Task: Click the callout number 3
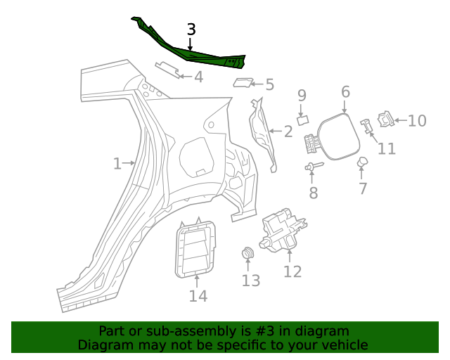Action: (x=191, y=30)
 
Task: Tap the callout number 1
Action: (x=117, y=164)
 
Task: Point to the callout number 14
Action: (x=198, y=296)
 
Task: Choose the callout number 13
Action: (x=251, y=281)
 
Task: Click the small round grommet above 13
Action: (x=248, y=254)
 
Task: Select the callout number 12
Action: (x=292, y=271)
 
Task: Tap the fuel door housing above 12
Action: (x=285, y=229)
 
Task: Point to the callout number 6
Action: (x=345, y=91)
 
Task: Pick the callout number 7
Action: (x=363, y=188)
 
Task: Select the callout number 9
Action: (x=302, y=95)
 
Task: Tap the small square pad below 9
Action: (x=302, y=120)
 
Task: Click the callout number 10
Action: (x=417, y=121)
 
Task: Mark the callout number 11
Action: (x=386, y=148)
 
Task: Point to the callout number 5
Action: (x=269, y=85)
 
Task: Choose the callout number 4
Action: (x=198, y=77)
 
